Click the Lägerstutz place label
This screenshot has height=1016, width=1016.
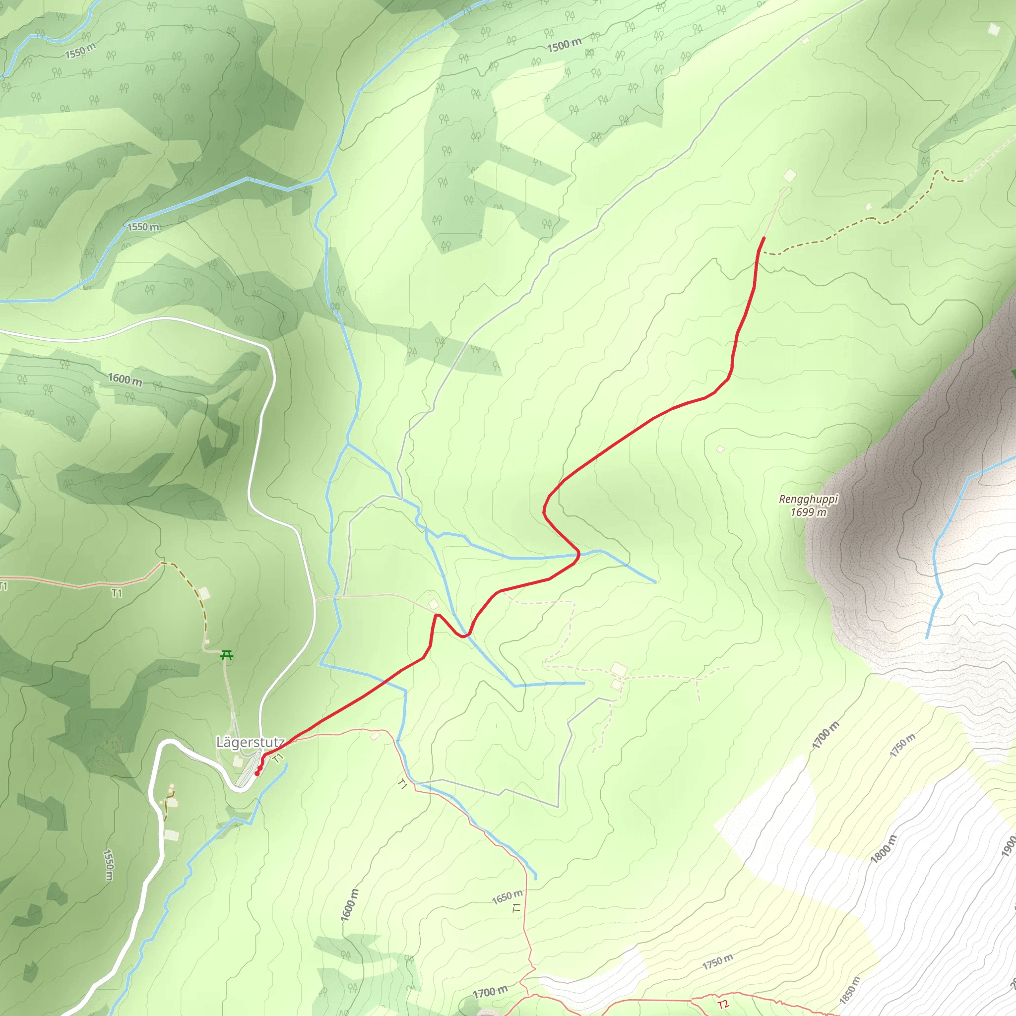(x=250, y=742)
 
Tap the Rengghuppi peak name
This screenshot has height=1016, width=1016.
(x=808, y=499)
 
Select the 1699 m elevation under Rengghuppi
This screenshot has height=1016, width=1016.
(x=808, y=511)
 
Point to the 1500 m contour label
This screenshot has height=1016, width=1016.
(x=564, y=45)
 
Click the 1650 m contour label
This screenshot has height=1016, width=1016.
(x=508, y=896)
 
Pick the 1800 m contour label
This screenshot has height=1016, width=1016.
(x=883, y=849)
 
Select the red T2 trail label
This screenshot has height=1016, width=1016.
(x=724, y=1004)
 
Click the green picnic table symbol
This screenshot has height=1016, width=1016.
(x=227, y=655)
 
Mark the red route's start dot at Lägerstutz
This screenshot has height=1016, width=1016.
(x=256, y=773)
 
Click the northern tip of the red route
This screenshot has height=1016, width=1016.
(x=763, y=238)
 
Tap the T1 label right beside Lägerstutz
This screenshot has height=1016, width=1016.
(x=278, y=757)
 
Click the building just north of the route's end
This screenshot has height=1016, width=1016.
(x=789, y=176)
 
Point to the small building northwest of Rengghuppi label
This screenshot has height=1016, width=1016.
(x=720, y=449)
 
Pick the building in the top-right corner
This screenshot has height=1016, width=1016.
(x=993, y=29)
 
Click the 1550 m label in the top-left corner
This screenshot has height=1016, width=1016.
(x=80, y=51)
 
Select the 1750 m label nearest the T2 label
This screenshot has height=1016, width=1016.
(x=717, y=962)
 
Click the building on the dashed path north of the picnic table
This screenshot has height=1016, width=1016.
(x=204, y=594)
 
